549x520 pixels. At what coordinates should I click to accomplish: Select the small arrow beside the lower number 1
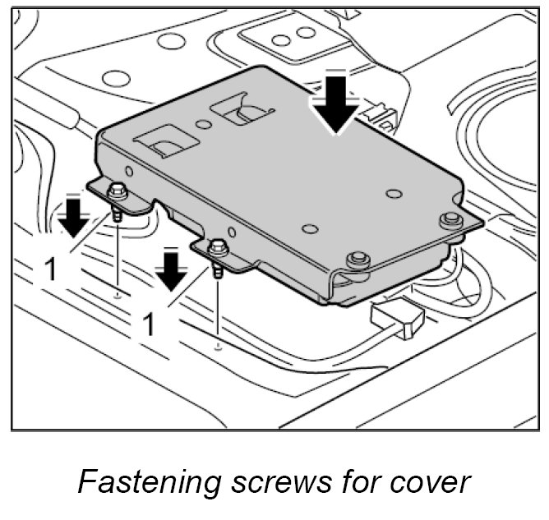172,269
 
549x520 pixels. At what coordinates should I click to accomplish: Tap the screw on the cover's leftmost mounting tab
118,194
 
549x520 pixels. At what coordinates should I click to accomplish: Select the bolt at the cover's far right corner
449,219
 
